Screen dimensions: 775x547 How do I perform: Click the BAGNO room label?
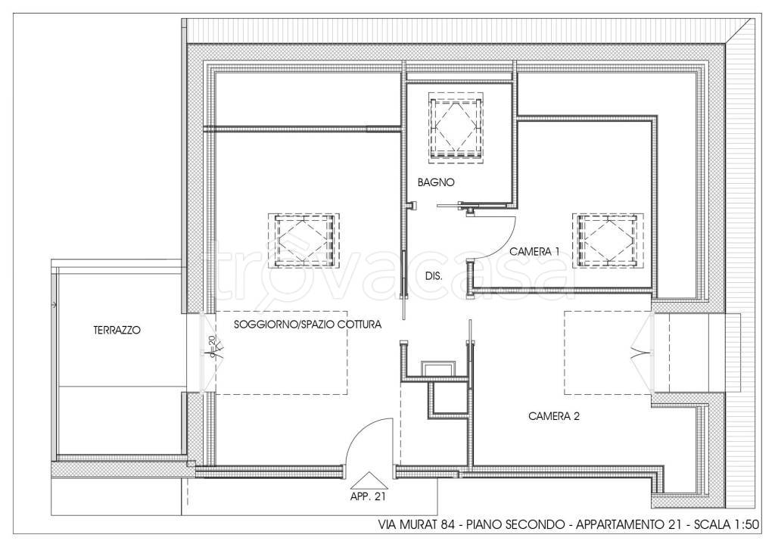coord(435,182)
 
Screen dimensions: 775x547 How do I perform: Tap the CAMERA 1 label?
coord(534,251)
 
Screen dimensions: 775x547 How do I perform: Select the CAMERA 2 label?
coord(553,416)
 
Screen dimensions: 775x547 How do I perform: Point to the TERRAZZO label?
coord(117,330)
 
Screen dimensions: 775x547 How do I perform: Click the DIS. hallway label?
coord(434,276)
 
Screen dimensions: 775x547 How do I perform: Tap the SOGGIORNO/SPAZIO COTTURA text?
coord(307,325)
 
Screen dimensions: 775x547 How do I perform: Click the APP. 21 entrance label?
coord(368,497)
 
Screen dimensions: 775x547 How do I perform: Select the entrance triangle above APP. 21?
coord(367,480)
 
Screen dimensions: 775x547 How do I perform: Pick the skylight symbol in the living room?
coord(303,240)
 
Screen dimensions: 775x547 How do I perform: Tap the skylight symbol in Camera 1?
coord(608,241)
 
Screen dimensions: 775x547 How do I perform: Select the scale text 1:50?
coord(746,524)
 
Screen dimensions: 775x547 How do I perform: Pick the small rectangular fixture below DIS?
coord(437,368)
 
